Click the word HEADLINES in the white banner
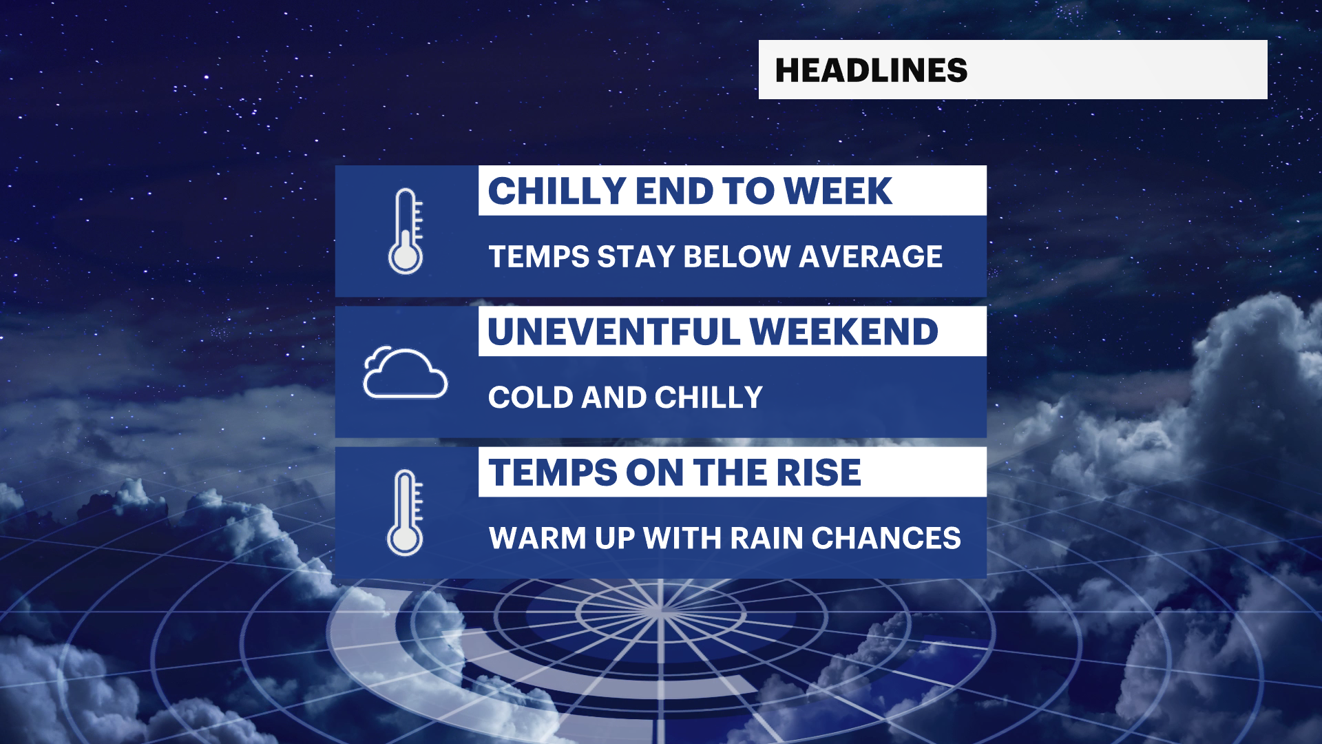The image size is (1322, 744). [x=871, y=70]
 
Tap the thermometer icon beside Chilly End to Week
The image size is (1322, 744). [x=406, y=231]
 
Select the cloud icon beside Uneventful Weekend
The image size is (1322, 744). [x=405, y=373]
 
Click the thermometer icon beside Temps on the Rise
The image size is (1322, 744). [x=405, y=513]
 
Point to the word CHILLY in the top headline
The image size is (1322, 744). [x=557, y=191]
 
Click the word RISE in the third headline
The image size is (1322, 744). [x=819, y=473]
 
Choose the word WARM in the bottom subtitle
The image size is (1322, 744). [x=538, y=538]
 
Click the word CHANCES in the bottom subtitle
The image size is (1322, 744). [x=886, y=538]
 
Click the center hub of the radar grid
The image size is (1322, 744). [x=660, y=612]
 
